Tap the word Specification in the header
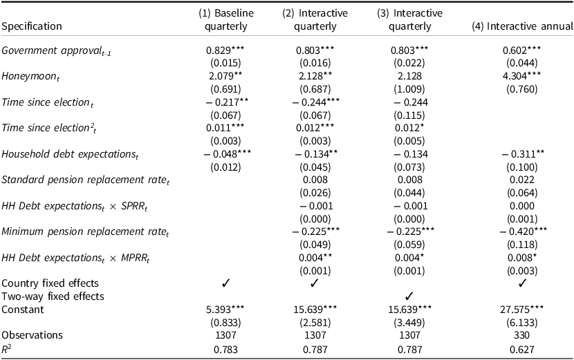[x=32, y=26]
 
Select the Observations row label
[x=31, y=334]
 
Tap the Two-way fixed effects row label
[x=53, y=296]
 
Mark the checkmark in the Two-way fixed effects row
[x=409, y=296]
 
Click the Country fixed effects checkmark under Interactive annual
[x=523, y=283]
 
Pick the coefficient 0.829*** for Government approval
[x=224, y=50]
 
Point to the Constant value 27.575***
[x=523, y=309]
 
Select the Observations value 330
[x=523, y=334]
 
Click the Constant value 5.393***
[x=224, y=309]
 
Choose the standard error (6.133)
[x=523, y=322]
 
